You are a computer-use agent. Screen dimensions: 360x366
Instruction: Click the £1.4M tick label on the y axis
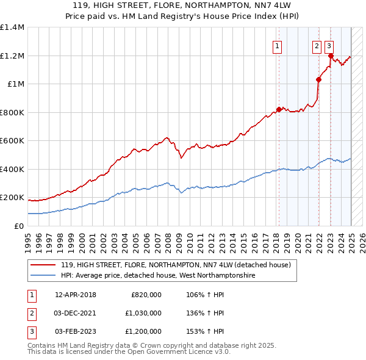pos(12,27)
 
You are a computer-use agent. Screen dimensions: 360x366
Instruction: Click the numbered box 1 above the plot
pos(278,45)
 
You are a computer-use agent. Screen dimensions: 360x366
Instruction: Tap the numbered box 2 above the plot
pos(317,45)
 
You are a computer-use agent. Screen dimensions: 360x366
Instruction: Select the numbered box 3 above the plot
pos(329,45)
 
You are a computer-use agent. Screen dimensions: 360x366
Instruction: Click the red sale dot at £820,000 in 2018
pos(279,109)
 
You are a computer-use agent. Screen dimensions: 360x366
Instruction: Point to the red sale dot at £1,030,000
pos(318,79)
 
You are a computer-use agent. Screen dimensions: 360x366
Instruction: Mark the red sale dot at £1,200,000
pos(331,56)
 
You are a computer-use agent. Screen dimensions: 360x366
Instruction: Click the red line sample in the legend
pos(44,265)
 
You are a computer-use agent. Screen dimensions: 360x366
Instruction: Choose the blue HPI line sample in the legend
pos(44,276)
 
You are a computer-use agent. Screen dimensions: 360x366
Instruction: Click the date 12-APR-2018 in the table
pos(76,295)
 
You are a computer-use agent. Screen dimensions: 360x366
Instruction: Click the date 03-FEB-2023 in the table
pos(76,331)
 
